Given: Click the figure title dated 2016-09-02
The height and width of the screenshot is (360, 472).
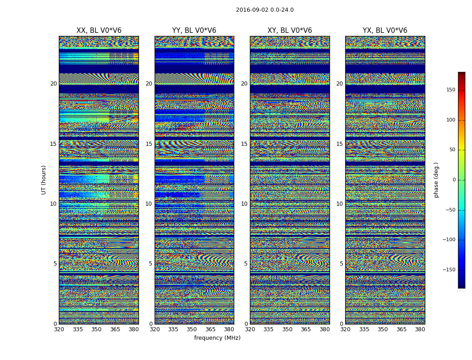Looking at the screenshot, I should [265, 10].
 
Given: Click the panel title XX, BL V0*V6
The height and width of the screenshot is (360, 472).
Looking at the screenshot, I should [99, 31].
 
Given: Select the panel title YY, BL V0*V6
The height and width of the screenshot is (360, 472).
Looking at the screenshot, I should [194, 31].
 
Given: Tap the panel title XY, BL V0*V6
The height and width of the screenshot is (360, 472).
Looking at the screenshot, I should [289, 31].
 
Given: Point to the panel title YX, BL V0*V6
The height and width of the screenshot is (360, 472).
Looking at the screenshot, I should [385, 31].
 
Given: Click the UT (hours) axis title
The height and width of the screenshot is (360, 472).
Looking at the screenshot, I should [44, 180].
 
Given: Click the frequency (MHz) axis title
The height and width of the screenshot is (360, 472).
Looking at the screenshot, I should [217, 338].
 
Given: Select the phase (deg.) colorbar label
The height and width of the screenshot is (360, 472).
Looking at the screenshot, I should [436, 180].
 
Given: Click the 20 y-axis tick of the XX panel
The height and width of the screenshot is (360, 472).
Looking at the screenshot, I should [53, 84].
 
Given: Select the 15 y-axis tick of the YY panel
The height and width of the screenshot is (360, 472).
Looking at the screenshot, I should [149, 144].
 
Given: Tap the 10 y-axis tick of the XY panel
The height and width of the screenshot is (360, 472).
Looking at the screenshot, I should [244, 204].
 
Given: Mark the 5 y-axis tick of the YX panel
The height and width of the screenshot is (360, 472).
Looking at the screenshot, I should [341, 264].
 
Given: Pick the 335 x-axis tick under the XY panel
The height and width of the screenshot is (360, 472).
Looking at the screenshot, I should [269, 329].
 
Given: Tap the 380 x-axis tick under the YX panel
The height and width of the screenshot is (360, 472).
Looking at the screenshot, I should [420, 329].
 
